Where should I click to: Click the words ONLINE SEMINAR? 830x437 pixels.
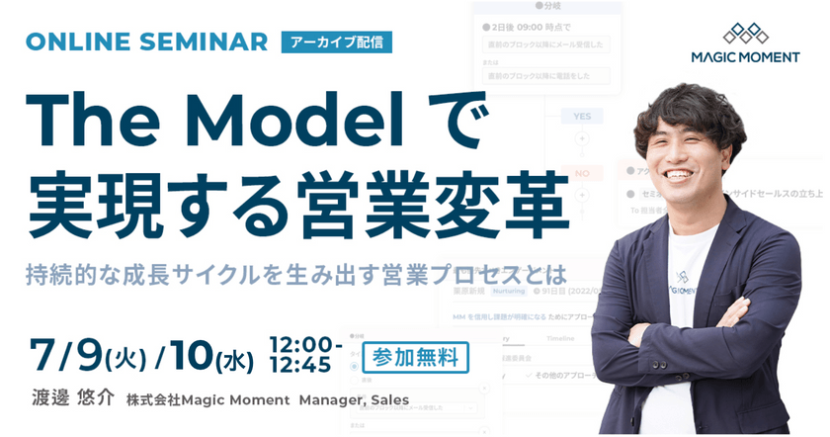click(146, 43)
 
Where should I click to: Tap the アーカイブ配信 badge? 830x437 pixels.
click(337, 43)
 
